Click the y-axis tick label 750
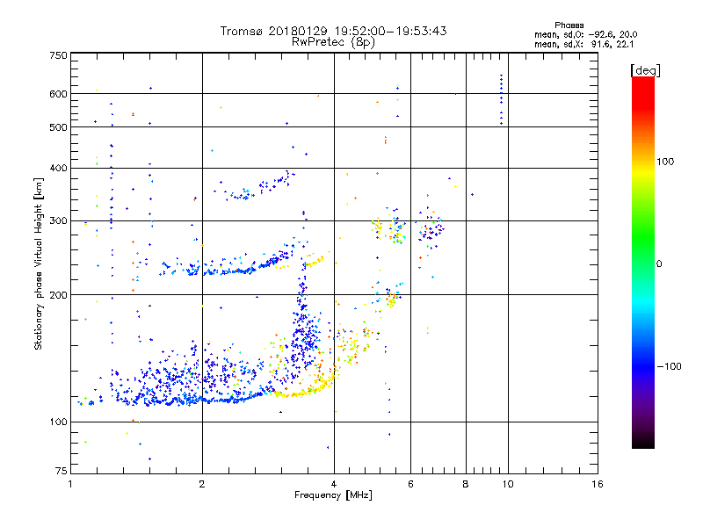tap(58, 55)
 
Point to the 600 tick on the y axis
tap(58, 94)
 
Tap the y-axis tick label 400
tap(58, 169)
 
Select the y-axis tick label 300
tap(58, 220)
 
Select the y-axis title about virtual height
tap(39, 264)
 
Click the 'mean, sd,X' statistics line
tap(585, 44)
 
